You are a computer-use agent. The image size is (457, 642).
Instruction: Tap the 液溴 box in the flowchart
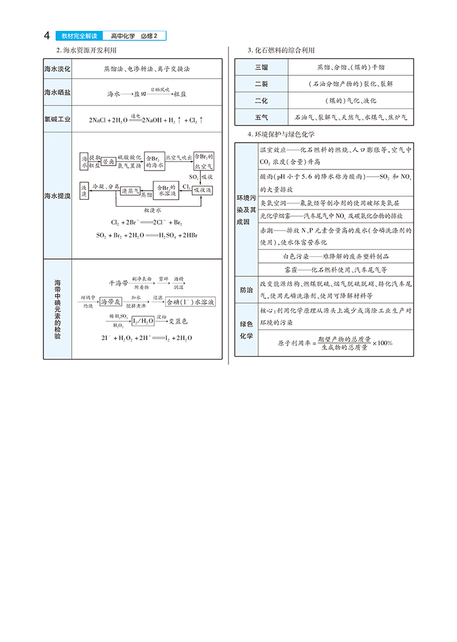(x=85, y=191)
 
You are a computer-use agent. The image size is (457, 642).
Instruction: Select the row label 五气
(x=261, y=117)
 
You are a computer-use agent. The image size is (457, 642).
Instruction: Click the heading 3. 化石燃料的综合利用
(x=281, y=51)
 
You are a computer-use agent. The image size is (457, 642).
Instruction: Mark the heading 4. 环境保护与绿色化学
(x=281, y=134)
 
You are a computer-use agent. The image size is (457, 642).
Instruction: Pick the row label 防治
(x=246, y=290)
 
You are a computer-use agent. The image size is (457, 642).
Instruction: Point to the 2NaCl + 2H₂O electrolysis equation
(x=146, y=120)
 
